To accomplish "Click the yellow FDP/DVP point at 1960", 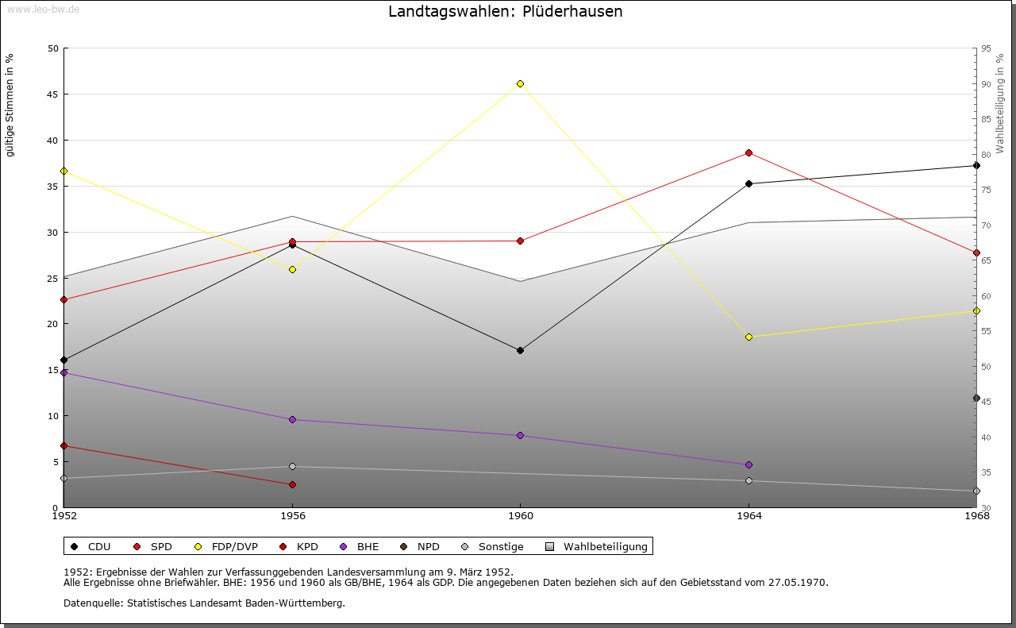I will pos(520,83).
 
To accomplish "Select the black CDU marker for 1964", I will pos(749,183).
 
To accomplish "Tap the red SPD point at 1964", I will pos(749,152).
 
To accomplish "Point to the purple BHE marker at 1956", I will pos(292,419).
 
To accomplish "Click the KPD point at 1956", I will pos(292,484).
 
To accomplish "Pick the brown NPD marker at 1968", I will pos(976,398).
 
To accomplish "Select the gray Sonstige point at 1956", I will pos(292,466).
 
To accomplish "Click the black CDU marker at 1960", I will pos(520,350).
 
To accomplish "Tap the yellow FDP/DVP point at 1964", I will pos(749,337).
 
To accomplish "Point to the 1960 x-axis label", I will pos(520,516).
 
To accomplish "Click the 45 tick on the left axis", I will pos(52,94).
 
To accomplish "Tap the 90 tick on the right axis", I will pos(985,84).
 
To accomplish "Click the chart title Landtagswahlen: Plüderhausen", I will pos(505,12).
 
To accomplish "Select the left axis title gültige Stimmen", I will pos(10,106).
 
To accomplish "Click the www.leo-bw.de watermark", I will pos(43,9).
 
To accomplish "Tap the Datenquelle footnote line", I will pos(204,603).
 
